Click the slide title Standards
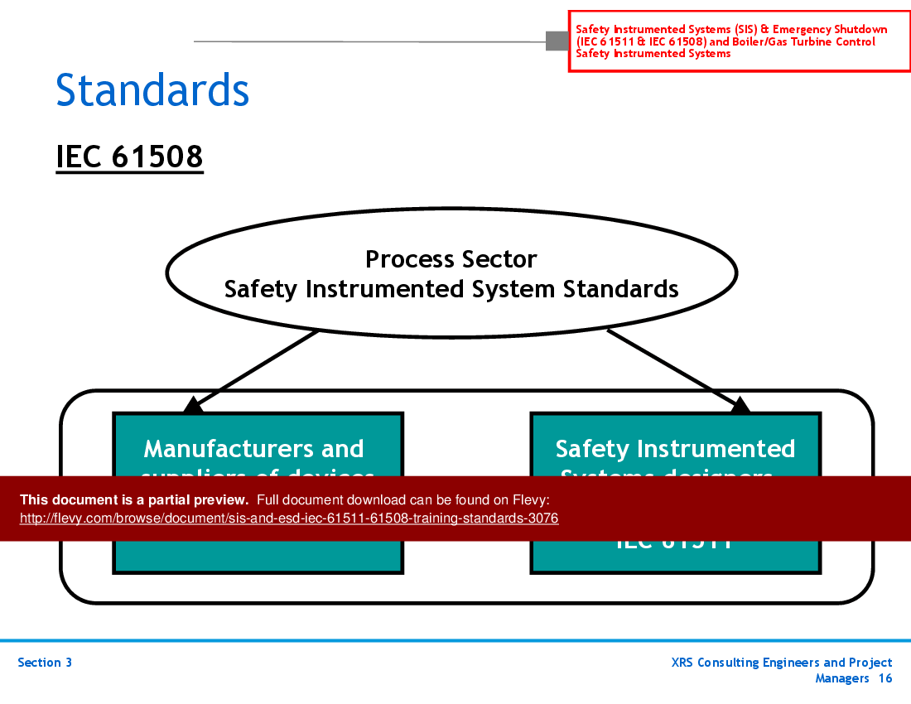click(x=152, y=90)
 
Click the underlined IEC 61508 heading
click(x=129, y=156)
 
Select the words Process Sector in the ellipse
click(x=451, y=259)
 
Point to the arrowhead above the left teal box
click(x=192, y=404)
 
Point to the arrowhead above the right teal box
click(x=740, y=404)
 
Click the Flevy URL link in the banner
click(x=289, y=518)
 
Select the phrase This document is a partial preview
click(x=134, y=499)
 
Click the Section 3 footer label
click(x=45, y=663)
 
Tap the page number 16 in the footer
click(x=885, y=678)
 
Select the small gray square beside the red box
click(x=557, y=41)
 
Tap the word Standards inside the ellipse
click(x=621, y=289)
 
